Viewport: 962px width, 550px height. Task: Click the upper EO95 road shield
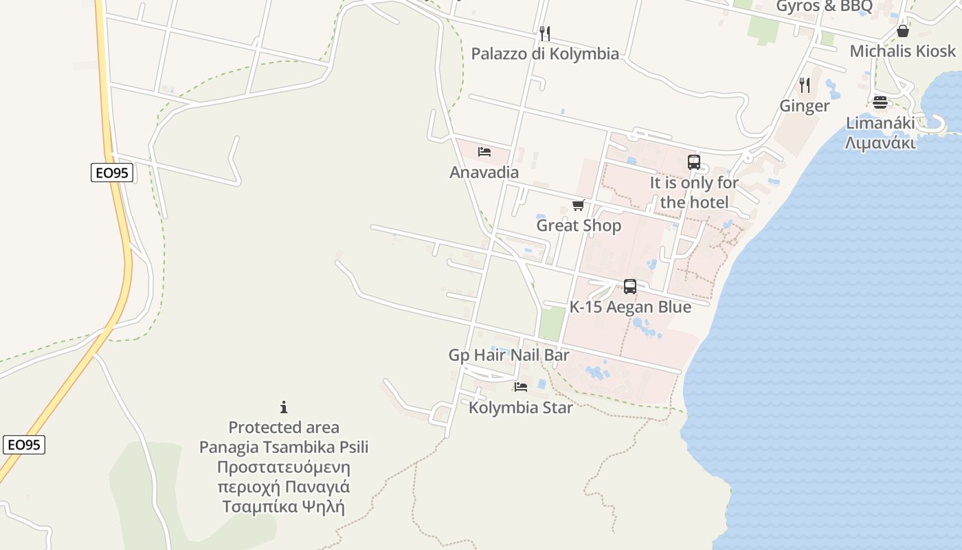tap(112, 173)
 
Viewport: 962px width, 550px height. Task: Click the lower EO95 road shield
tap(24, 445)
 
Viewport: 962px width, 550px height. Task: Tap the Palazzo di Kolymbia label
tap(545, 54)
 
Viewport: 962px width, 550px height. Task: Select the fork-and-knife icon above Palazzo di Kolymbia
tap(545, 33)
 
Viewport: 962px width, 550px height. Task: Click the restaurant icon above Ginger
tap(805, 85)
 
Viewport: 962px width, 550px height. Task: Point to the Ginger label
tap(805, 106)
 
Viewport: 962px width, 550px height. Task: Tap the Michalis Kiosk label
tap(902, 51)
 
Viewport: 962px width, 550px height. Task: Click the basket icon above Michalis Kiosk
tap(903, 31)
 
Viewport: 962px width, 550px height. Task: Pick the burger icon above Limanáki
tap(880, 103)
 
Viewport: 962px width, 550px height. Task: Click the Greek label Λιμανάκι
tap(880, 143)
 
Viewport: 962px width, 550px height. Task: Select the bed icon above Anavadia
tap(484, 152)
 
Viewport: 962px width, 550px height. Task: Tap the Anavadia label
tap(484, 172)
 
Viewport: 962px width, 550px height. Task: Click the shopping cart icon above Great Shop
tap(578, 205)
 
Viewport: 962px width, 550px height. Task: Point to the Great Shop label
tap(579, 225)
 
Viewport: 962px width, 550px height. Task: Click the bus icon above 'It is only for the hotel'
tap(694, 162)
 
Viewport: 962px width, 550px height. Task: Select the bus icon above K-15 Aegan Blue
tap(630, 287)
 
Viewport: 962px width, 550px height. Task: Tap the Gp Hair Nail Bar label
tap(508, 355)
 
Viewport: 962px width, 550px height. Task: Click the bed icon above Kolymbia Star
tap(521, 387)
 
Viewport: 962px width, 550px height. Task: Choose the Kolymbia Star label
tap(521, 408)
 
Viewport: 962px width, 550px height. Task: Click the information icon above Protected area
tap(284, 407)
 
